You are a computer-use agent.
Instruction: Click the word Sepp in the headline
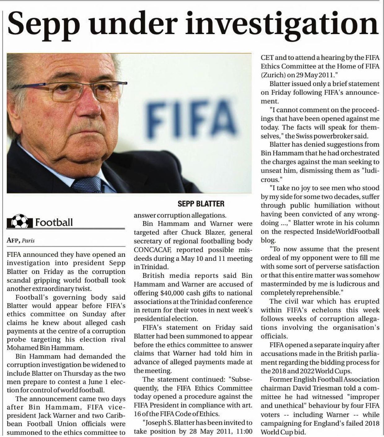click(43, 24)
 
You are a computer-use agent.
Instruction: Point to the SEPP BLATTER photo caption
click(201, 203)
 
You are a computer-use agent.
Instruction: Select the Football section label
click(54, 222)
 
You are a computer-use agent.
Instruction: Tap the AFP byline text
click(13, 240)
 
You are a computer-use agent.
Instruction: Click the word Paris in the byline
click(28, 241)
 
